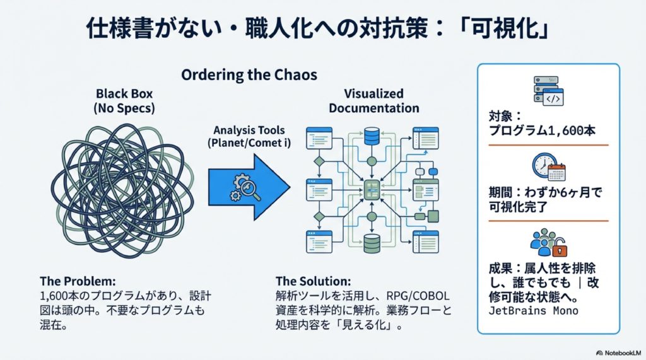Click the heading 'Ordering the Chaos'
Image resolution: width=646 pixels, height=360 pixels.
point(249,75)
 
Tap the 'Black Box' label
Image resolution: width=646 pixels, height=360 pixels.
point(124,93)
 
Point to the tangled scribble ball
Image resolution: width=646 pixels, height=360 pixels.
point(123,190)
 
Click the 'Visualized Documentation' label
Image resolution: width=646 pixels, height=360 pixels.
point(373,101)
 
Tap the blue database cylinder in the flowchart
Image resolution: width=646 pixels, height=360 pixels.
point(372,136)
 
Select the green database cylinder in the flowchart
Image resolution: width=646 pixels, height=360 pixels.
point(372,243)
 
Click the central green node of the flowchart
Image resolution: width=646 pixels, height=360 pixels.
point(372,190)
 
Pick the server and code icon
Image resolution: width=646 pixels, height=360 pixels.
point(548,91)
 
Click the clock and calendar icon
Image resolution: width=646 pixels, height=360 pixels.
point(548,167)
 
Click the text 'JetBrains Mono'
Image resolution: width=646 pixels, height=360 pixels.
point(533,311)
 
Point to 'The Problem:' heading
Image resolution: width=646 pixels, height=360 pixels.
point(78,281)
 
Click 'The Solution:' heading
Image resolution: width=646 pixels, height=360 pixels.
point(313,281)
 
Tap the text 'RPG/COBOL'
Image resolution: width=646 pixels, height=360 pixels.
point(418,296)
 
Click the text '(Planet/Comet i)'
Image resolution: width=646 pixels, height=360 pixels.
point(249,143)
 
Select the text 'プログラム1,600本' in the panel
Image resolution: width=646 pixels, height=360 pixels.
point(542,131)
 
